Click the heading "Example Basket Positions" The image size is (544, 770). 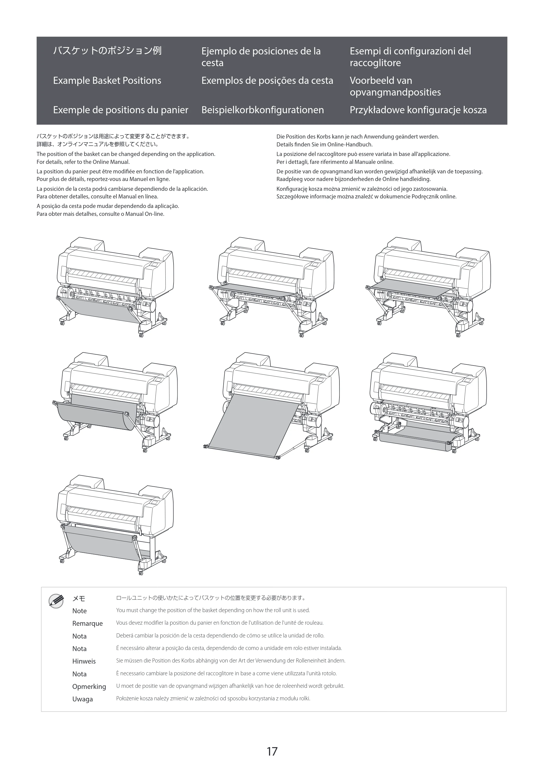pyautogui.click(x=107, y=81)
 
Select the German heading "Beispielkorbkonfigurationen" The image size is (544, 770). pyautogui.click(x=262, y=110)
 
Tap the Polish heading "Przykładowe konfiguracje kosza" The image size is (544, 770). pyautogui.click(x=418, y=110)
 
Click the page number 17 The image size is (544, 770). pyautogui.click(x=272, y=751)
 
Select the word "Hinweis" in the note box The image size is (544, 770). pyautogui.click(x=84, y=661)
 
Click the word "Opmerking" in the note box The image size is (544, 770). pyautogui.click(x=89, y=686)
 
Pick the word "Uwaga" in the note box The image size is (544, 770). pyautogui.click(x=82, y=699)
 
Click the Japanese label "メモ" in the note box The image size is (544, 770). pyautogui.click(x=79, y=598)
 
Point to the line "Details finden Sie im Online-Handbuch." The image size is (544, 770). pyautogui.click(x=324, y=145)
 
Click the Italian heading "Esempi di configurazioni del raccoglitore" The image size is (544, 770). pyautogui.click(x=410, y=57)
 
